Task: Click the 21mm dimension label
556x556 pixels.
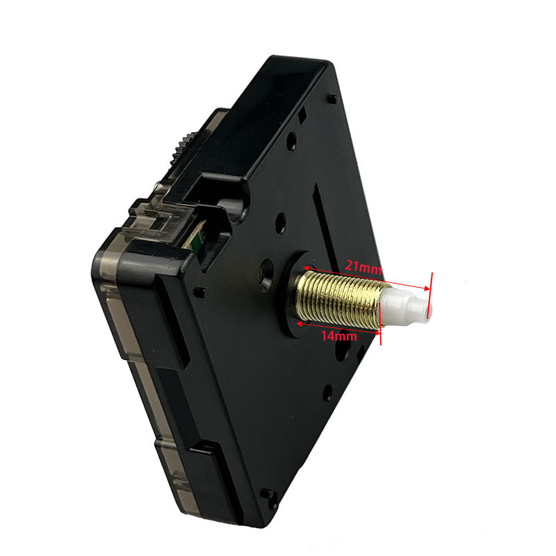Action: [363, 267]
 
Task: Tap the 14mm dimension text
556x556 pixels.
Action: [339, 336]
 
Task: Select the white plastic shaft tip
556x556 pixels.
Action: [406, 306]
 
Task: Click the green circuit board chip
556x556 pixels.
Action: [196, 242]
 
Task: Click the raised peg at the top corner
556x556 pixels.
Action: [332, 99]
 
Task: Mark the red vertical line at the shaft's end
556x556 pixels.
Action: [431, 295]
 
